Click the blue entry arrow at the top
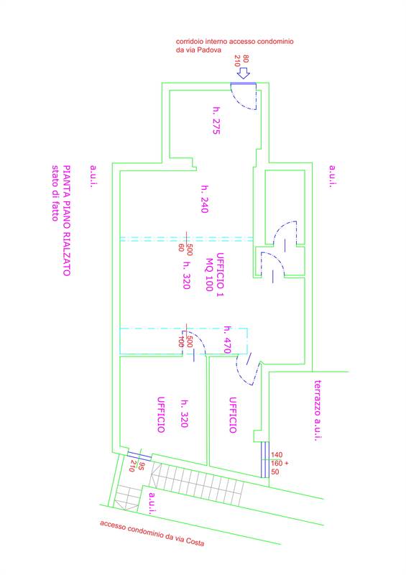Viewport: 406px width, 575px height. tap(243, 73)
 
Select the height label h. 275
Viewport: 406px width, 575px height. tap(217, 121)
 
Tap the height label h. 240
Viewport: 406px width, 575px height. tap(205, 199)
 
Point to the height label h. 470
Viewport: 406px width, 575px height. tap(227, 339)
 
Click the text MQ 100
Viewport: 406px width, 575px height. tap(209, 275)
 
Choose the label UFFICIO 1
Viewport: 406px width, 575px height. tap(220, 275)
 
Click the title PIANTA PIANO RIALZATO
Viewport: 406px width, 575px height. tap(67, 221)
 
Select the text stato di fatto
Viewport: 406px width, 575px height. tap(55, 193)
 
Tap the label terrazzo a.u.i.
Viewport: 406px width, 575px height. tap(318, 410)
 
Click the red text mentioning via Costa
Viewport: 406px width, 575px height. tap(152, 533)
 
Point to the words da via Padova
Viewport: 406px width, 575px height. tap(198, 50)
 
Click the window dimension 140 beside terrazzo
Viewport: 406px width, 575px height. tap(277, 455)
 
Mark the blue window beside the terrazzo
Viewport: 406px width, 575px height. tap(265, 459)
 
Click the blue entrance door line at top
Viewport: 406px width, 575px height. tap(243, 83)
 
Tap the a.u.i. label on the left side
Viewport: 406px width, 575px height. tap(93, 176)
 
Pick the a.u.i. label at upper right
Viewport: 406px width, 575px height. tap(332, 176)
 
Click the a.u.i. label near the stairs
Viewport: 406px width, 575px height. tap(152, 503)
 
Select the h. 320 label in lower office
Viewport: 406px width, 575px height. tap(185, 413)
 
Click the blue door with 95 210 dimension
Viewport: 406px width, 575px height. tap(139, 456)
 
